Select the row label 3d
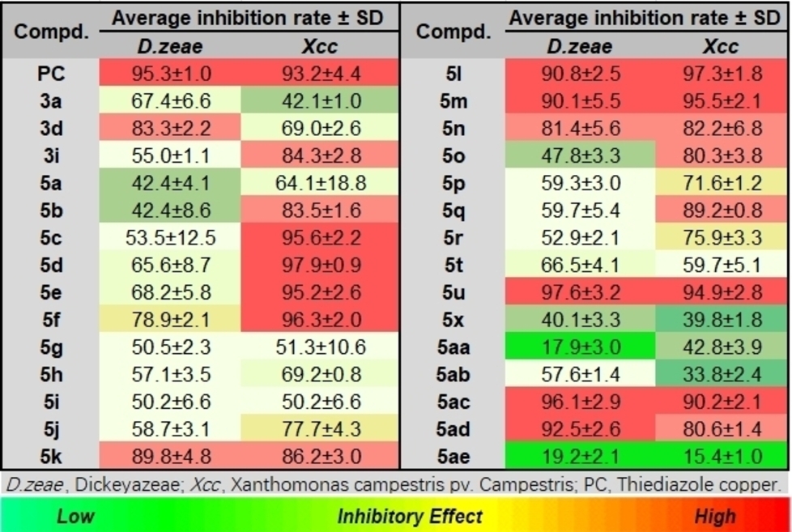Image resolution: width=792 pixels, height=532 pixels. [50, 129]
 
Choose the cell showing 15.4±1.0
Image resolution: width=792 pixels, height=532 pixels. [720, 456]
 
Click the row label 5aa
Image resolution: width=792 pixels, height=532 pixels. [453, 347]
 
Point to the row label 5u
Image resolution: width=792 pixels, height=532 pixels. [453, 292]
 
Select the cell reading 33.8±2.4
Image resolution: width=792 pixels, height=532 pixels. [720, 374]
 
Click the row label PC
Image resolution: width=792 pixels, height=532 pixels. [50, 74]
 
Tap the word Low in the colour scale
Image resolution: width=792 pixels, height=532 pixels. [75, 516]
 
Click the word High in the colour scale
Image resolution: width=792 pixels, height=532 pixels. [715, 516]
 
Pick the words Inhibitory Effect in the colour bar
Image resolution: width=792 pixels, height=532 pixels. [410, 516]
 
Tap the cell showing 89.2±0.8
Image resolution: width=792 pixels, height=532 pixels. [720, 211]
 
